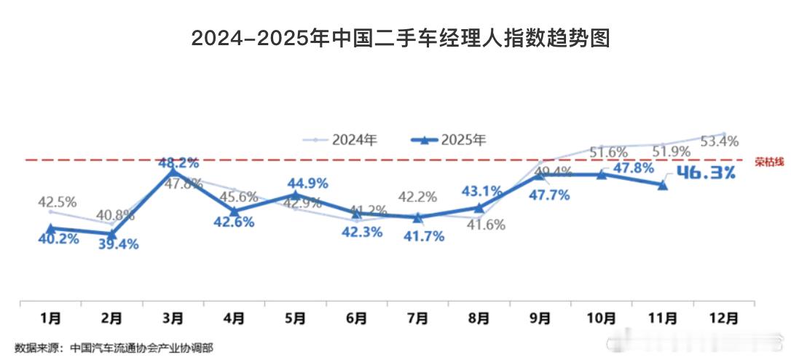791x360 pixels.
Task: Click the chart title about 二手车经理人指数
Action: tap(400, 39)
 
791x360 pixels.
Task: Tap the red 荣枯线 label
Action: tap(769, 162)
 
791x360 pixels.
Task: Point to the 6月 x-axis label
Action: tap(357, 318)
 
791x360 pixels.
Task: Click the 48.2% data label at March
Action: tap(178, 163)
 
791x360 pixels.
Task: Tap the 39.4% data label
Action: tap(118, 243)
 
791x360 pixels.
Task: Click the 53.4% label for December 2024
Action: tap(719, 141)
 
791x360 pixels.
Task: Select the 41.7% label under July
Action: tap(424, 236)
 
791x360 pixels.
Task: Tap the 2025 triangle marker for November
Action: tap(662, 185)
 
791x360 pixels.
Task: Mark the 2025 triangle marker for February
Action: tap(111, 234)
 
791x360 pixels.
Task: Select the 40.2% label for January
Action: tap(58, 239)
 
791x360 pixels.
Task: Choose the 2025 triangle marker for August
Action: tap(479, 208)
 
